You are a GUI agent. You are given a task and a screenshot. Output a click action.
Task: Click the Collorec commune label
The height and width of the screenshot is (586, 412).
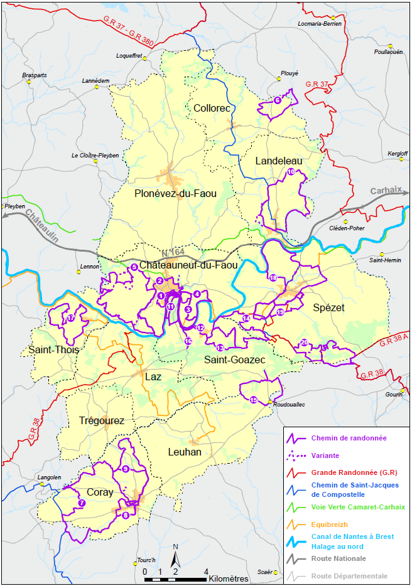click(x=212, y=108)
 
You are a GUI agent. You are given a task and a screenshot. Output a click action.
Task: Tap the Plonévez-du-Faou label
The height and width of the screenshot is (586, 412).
click(x=175, y=194)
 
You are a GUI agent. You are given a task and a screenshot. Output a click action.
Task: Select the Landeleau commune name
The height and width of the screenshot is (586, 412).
click(x=278, y=161)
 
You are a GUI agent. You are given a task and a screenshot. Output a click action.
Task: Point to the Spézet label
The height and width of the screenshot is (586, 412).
click(x=328, y=307)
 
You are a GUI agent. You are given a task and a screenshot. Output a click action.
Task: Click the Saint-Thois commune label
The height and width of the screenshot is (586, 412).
click(x=54, y=349)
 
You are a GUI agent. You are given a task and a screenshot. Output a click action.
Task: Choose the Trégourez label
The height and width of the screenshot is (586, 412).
click(x=102, y=420)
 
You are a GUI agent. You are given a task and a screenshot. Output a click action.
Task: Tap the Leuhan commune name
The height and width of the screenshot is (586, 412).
click(x=185, y=452)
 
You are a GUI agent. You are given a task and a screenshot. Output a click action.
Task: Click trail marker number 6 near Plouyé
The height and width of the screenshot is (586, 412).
click(x=278, y=100)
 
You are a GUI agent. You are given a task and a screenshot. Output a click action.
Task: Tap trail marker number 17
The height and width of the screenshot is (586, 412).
click(x=71, y=319)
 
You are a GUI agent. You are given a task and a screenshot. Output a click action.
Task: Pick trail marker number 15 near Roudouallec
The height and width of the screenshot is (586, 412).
click(x=254, y=400)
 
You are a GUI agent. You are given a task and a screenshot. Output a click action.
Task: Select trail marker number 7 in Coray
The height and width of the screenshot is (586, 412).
click(x=82, y=503)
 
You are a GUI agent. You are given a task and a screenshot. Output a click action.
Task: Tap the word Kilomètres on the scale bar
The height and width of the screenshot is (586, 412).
click(x=229, y=578)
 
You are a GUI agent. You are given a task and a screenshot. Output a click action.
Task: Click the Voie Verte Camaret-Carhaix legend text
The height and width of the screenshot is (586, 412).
click(x=358, y=507)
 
